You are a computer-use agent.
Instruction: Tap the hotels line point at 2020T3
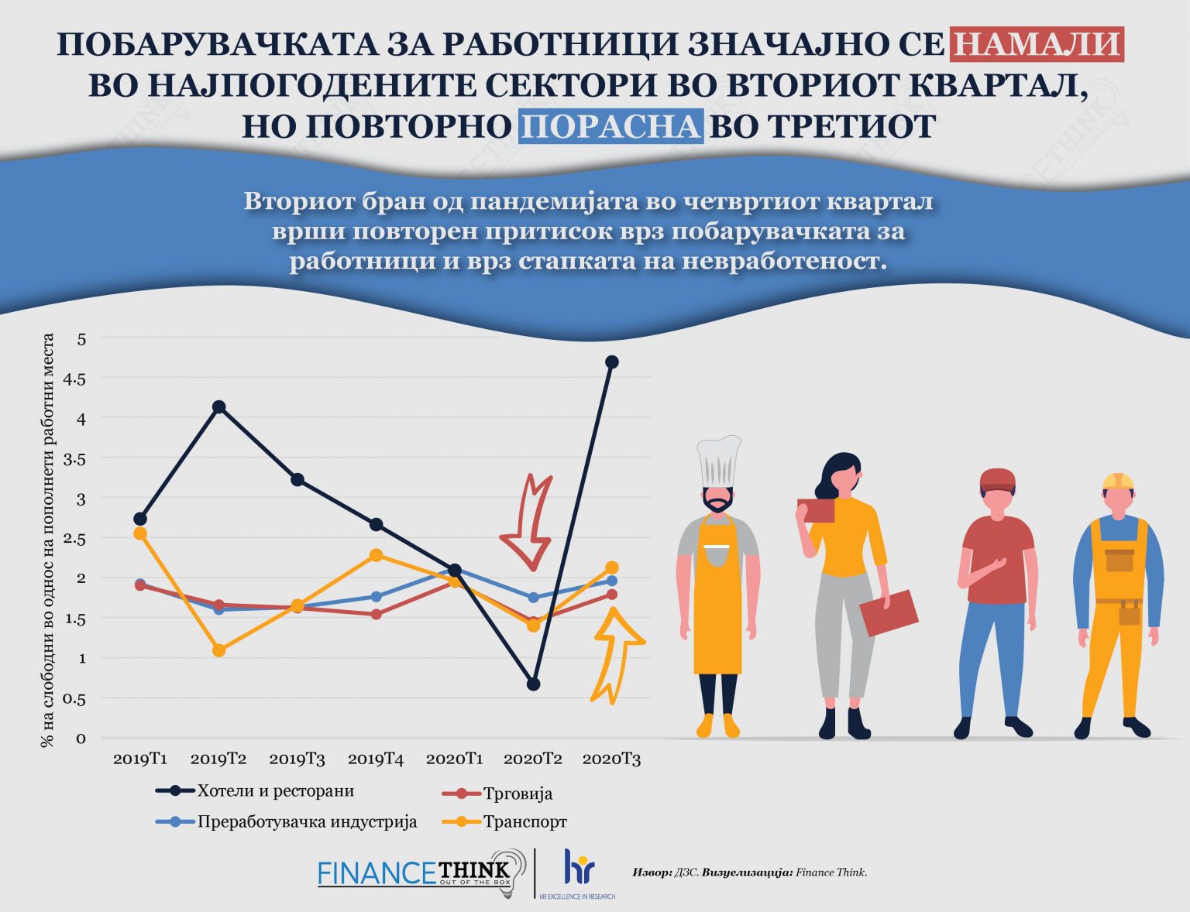click(611, 362)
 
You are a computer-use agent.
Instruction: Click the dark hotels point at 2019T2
click(218, 406)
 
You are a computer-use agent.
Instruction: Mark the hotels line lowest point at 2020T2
click(533, 684)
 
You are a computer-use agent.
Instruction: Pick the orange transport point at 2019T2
click(218, 650)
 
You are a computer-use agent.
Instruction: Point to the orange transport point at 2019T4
click(376, 555)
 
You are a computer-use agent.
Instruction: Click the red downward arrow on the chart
click(529, 523)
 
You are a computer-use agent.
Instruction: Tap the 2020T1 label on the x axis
click(454, 759)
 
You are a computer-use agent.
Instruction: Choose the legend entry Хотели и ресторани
click(275, 790)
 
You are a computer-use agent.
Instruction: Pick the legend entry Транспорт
click(524, 821)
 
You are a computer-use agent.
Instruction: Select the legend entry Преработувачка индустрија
click(307, 821)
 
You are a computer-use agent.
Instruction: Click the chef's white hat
click(718, 462)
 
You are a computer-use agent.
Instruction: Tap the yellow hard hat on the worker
click(1118, 482)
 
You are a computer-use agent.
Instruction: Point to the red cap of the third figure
click(997, 480)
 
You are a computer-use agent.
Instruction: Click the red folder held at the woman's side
click(889, 612)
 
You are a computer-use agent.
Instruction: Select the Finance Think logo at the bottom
click(414, 873)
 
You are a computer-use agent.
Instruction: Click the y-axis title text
click(48, 540)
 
